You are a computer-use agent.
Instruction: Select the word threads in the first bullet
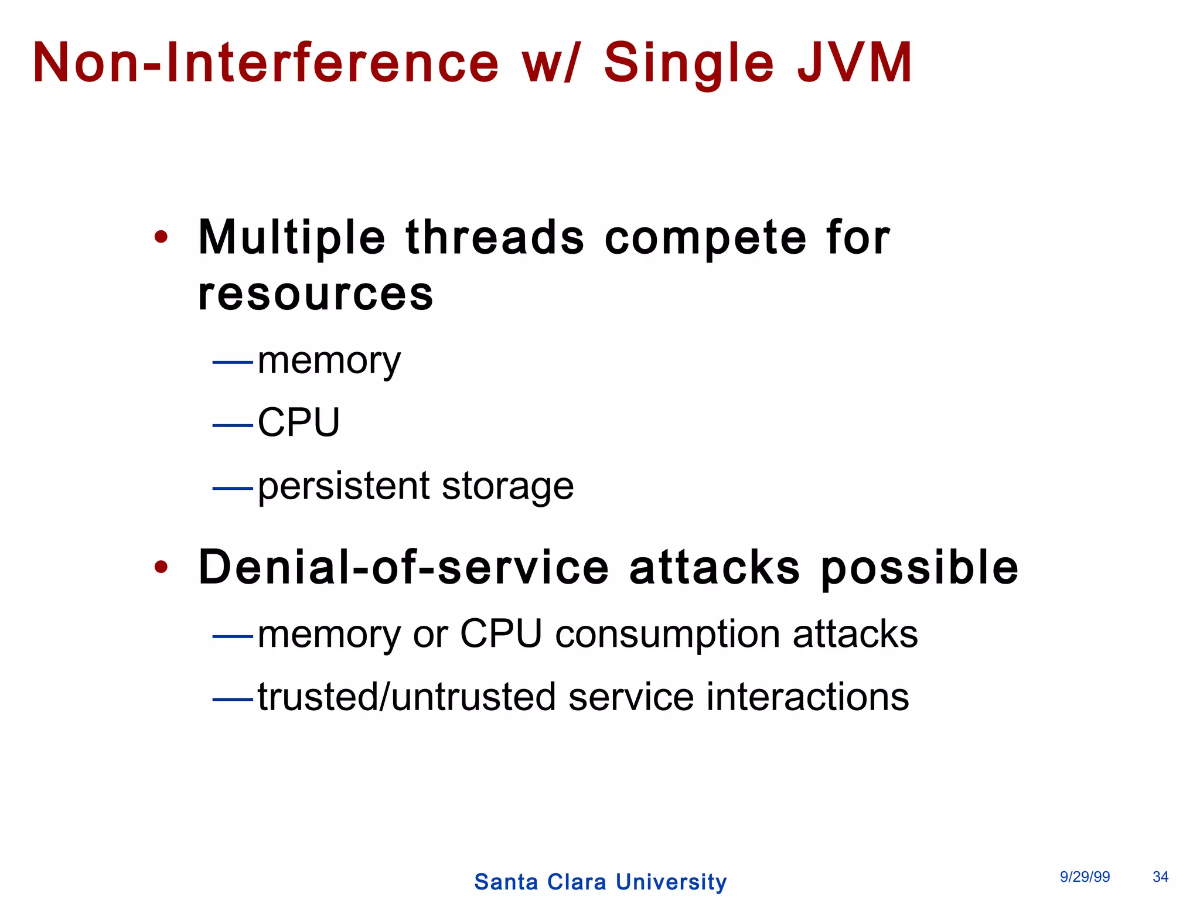pyautogui.click(x=495, y=237)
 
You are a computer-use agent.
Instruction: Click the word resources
pyautogui.click(x=316, y=294)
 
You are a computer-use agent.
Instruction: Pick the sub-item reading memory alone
pyautogui.click(x=329, y=361)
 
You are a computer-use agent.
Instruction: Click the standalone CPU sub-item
pyautogui.click(x=299, y=422)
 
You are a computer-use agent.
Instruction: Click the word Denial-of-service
pyautogui.click(x=404, y=567)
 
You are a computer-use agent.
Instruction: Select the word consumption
pyautogui.click(x=667, y=635)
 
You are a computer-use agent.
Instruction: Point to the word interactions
pyautogui.click(x=807, y=697)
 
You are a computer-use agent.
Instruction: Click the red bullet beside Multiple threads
pyautogui.click(x=161, y=237)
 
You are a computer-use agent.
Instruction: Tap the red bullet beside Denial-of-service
pyautogui.click(x=161, y=567)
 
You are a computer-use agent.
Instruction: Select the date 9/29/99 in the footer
pyautogui.click(x=1085, y=877)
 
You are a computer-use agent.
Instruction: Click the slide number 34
pyautogui.click(x=1160, y=877)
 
